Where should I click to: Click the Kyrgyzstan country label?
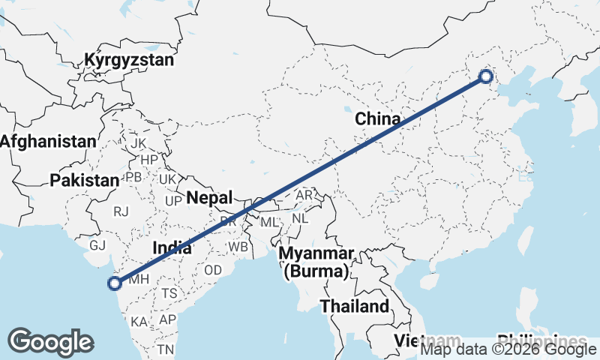[130, 60]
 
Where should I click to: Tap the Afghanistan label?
[49, 141]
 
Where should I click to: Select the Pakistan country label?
[85, 180]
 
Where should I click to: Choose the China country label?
[378, 118]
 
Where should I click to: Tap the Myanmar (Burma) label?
[318, 262]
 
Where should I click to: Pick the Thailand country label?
[355, 306]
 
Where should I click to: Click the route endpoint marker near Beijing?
[485, 76]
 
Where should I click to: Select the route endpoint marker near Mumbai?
[115, 283]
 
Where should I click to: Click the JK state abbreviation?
[138, 143]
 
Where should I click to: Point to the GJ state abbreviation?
[97, 245]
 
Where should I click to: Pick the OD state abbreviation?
[213, 270]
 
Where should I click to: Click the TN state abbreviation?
[166, 349]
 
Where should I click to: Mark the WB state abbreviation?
[238, 247]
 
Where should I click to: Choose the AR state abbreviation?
[304, 195]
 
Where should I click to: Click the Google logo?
[51, 342]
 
